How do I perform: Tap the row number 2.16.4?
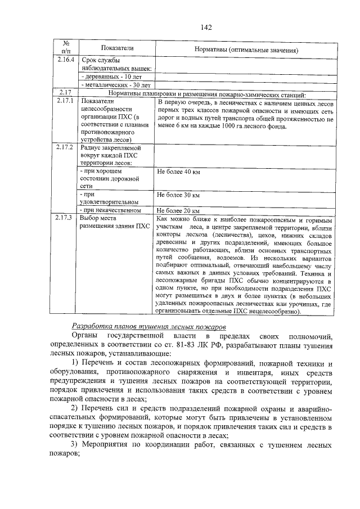click(x=66, y=59)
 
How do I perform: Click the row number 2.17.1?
click(x=66, y=101)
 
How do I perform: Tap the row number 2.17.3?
click(x=66, y=218)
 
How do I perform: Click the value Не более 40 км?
click(x=178, y=171)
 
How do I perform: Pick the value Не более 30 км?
click(x=178, y=195)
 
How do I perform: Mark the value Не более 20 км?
click(x=178, y=210)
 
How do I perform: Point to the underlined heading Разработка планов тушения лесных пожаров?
click(x=149, y=326)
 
